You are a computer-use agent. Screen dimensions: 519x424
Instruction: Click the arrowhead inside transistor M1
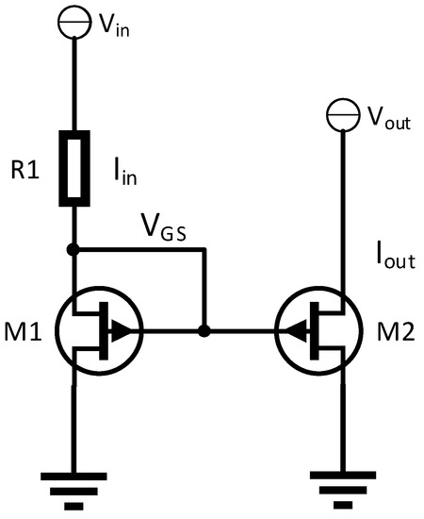tap(122, 331)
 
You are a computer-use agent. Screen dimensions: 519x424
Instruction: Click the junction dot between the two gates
tap(204, 331)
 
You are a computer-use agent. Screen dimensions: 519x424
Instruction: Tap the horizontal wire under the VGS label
tap(141, 251)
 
